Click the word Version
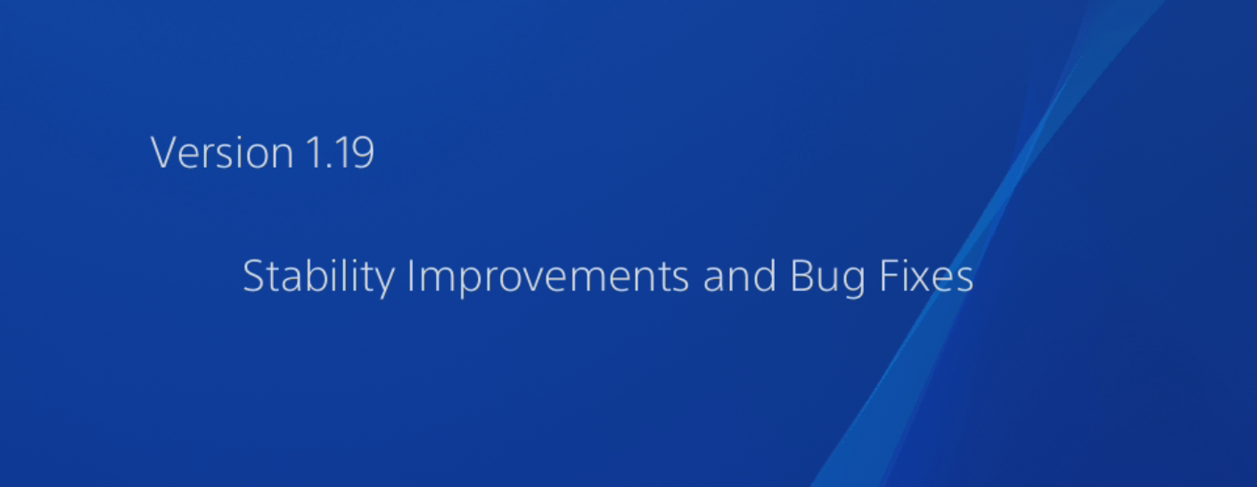coord(222,153)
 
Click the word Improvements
coord(548,277)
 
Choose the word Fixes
coord(927,277)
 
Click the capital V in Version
coord(162,153)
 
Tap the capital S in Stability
coord(253,277)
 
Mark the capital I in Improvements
coord(411,277)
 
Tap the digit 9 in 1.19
coord(362,153)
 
